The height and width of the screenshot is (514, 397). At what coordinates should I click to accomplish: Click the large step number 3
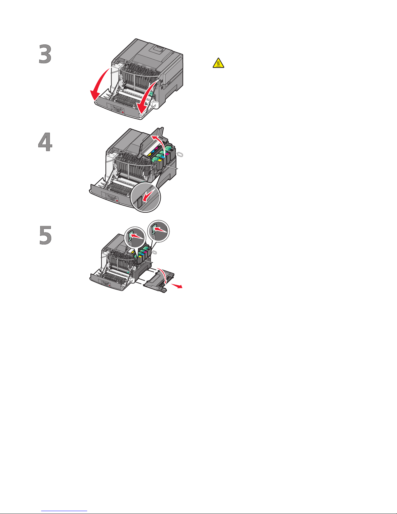coord(45,54)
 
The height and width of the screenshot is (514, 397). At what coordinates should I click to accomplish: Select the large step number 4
coord(45,142)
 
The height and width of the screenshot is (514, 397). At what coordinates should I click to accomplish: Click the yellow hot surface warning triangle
coord(218,63)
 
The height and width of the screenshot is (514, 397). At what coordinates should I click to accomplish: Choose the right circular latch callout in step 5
coord(158,231)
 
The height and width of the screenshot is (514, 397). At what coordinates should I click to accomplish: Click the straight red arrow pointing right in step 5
coord(177,286)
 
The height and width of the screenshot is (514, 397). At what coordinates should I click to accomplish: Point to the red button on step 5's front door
coord(110,285)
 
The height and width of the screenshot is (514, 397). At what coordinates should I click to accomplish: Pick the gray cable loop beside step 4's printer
coord(180,154)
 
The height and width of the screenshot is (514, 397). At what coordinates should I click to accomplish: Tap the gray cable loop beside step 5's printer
coord(154,252)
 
